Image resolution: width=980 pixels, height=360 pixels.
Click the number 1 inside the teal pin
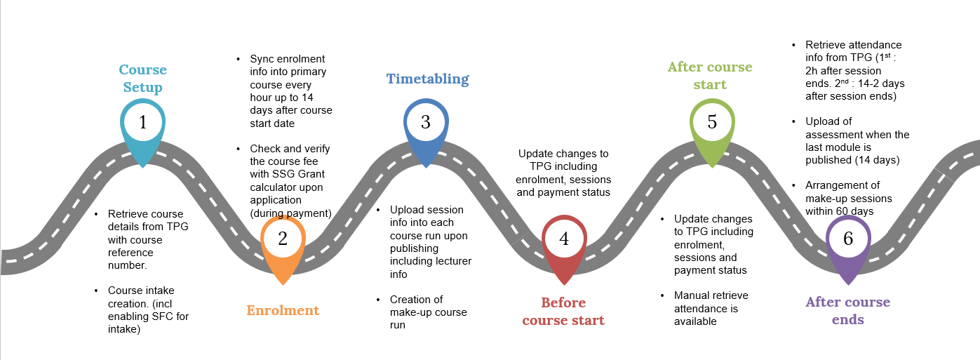143,123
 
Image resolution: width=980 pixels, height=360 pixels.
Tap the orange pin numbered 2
283,239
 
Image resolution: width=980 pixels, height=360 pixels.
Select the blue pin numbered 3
425,122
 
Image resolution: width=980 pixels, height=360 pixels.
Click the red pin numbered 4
564,239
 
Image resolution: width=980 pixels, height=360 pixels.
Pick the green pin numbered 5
712,122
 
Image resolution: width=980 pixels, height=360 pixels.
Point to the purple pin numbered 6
848,239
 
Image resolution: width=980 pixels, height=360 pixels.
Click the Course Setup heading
143,79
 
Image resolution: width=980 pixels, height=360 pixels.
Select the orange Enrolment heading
283,310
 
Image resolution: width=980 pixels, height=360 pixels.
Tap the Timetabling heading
427,79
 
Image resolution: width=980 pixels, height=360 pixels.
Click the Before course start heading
563,312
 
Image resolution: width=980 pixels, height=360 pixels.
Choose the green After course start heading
710,76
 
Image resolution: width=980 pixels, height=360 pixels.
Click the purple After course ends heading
848,311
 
